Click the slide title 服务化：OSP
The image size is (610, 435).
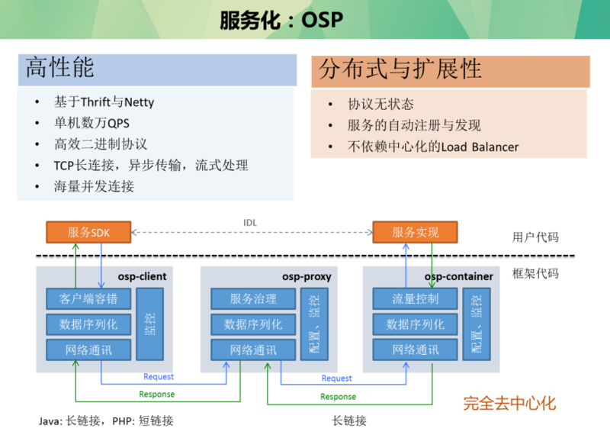281,19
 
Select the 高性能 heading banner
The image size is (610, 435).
156,69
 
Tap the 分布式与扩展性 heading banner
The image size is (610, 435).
450,70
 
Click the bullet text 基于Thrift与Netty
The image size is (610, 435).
104,101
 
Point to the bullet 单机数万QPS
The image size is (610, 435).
91,123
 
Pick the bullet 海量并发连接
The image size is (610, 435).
94,186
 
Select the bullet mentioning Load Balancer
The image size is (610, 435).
433,147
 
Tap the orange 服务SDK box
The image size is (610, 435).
88,232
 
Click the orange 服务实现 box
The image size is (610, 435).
415,232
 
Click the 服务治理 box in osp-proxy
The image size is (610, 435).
253,299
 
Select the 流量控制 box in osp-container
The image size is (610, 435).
415,299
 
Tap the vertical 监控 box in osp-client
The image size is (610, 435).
149,324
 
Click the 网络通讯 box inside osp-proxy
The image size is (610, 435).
253,350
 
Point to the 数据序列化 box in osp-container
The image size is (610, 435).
415,324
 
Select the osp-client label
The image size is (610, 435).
142,276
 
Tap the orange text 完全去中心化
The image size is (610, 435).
509,404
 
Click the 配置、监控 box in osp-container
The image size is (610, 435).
477,324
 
